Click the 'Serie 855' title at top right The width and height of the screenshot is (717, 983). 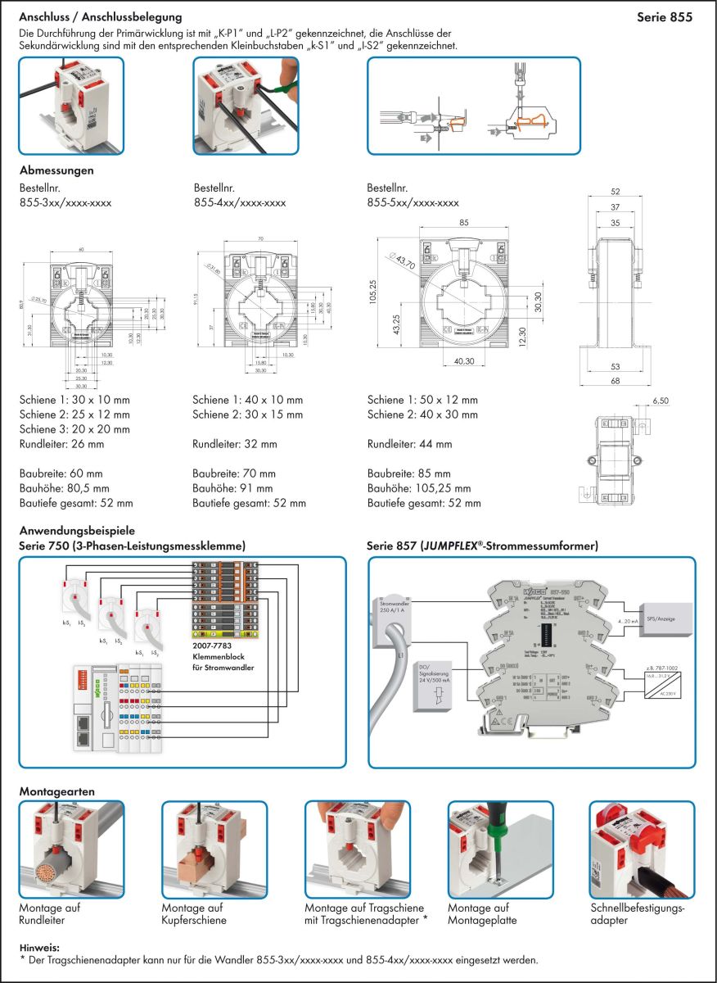click(x=664, y=16)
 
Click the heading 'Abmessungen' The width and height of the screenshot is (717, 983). click(x=56, y=171)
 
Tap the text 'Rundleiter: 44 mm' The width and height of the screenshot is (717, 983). click(x=409, y=445)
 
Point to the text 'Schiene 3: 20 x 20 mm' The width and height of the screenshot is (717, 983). click(x=74, y=429)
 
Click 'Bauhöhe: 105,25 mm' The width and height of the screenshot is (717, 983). click(x=419, y=488)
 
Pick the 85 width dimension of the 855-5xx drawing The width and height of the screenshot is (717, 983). click(x=464, y=222)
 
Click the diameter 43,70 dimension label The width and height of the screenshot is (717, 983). click(x=399, y=263)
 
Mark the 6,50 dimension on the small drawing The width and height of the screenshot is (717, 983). click(x=661, y=401)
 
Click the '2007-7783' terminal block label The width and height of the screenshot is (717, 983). click(x=211, y=646)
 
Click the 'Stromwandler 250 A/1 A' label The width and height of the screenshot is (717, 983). click(x=398, y=606)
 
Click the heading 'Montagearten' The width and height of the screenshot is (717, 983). click(x=56, y=792)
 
